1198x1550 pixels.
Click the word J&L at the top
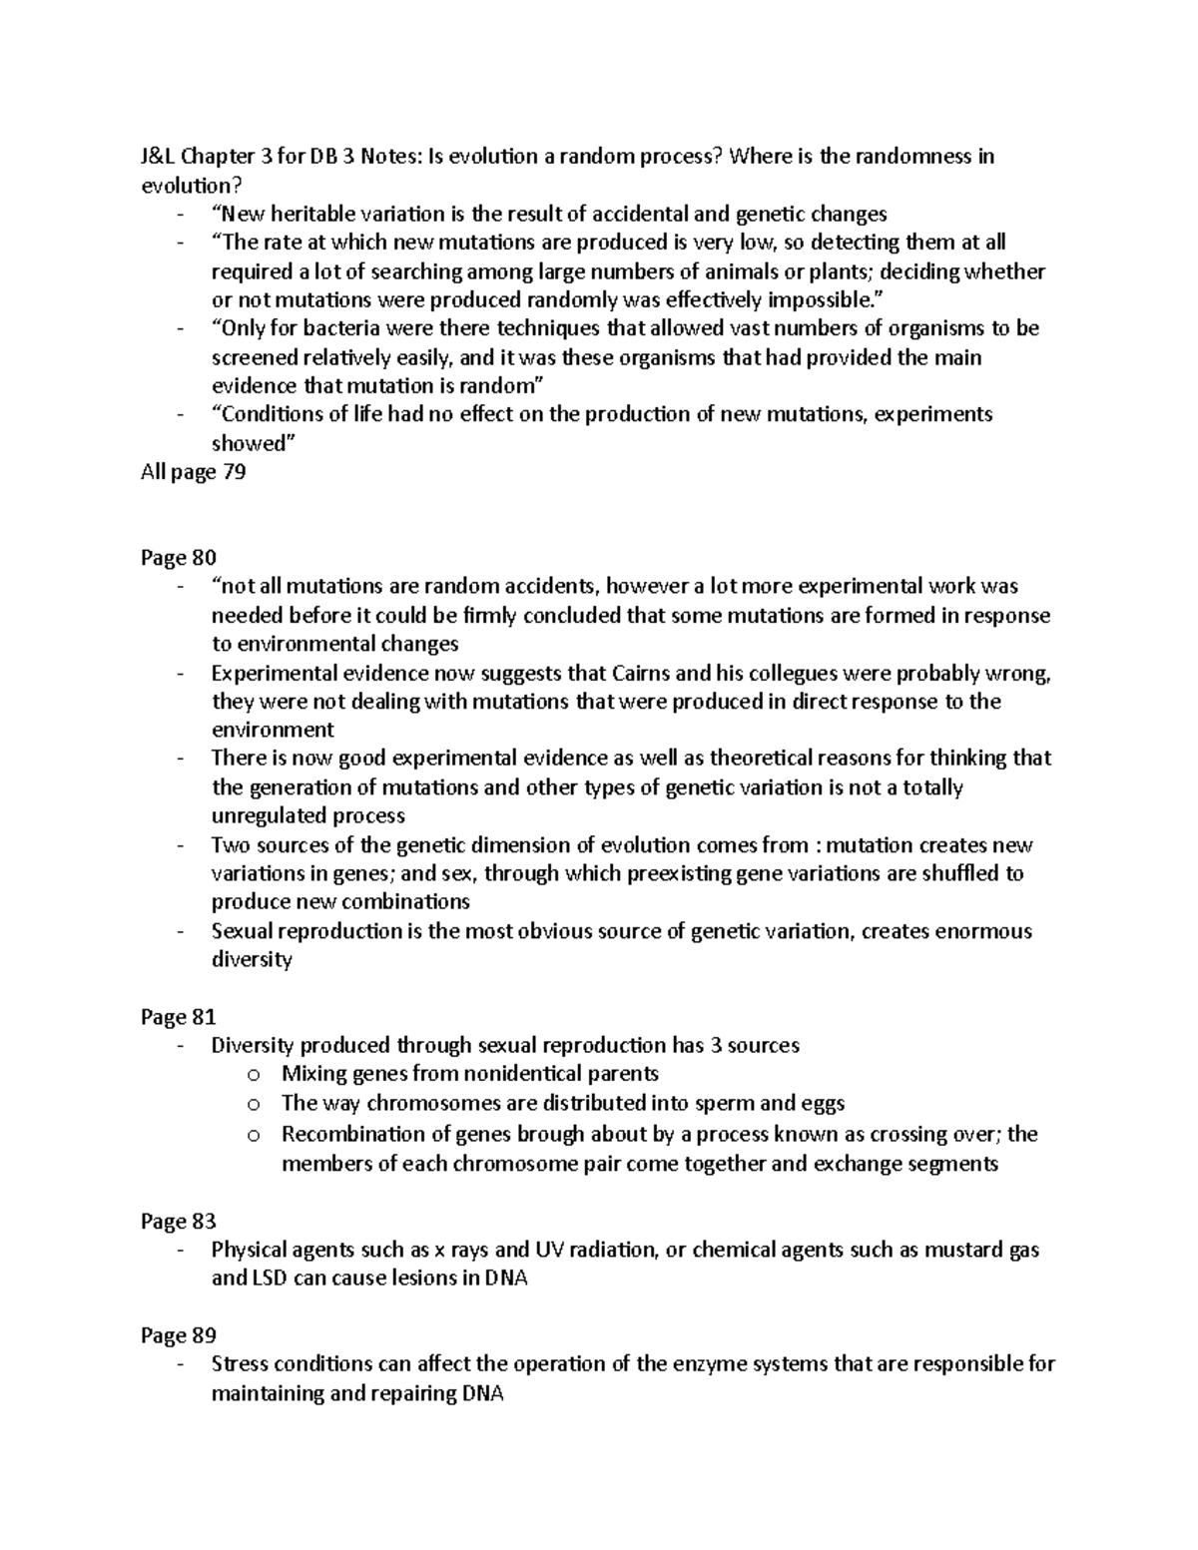coord(158,157)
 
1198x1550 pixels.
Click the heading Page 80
coord(179,557)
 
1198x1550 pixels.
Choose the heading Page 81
coord(179,1017)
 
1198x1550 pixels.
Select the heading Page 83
coord(179,1221)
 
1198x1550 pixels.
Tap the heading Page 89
coord(179,1335)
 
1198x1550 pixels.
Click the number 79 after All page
coord(233,472)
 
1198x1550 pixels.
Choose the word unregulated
coord(274,815)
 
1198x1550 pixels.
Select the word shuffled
coord(961,874)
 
